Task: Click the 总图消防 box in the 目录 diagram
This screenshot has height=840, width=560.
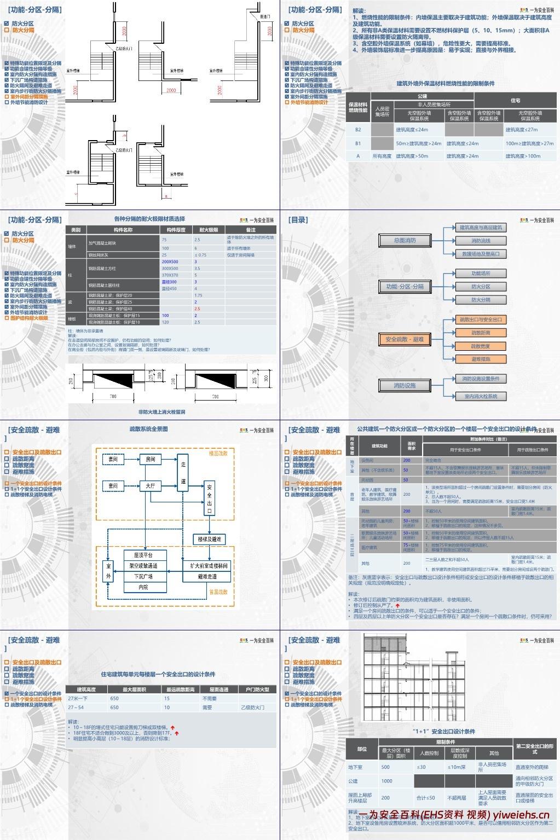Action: [x=405, y=241]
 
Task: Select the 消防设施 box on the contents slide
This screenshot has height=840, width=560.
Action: [x=405, y=385]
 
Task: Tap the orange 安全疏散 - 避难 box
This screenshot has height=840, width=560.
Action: [x=405, y=339]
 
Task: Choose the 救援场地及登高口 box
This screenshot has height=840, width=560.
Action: [x=481, y=254]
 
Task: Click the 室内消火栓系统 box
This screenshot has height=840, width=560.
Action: [x=481, y=396]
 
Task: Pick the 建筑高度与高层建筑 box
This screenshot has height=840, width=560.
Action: [x=481, y=227]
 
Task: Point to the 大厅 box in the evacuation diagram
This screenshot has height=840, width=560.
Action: [x=150, y=485]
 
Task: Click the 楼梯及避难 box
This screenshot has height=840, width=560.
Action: [x=210, y=539]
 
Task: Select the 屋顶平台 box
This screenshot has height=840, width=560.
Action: [x=143, y=555]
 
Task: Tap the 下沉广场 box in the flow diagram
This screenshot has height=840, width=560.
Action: [x=143, y=576]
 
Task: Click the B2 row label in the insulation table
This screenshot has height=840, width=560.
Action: [x=359, y=130]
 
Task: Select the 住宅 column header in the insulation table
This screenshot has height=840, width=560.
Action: [x=515, y=101]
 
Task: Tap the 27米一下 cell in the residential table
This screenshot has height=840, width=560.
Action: [x=78, y=699]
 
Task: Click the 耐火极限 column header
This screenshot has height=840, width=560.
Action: [x=209, y=230]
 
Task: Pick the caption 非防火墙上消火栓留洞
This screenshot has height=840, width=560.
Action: [x=161, y=412]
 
